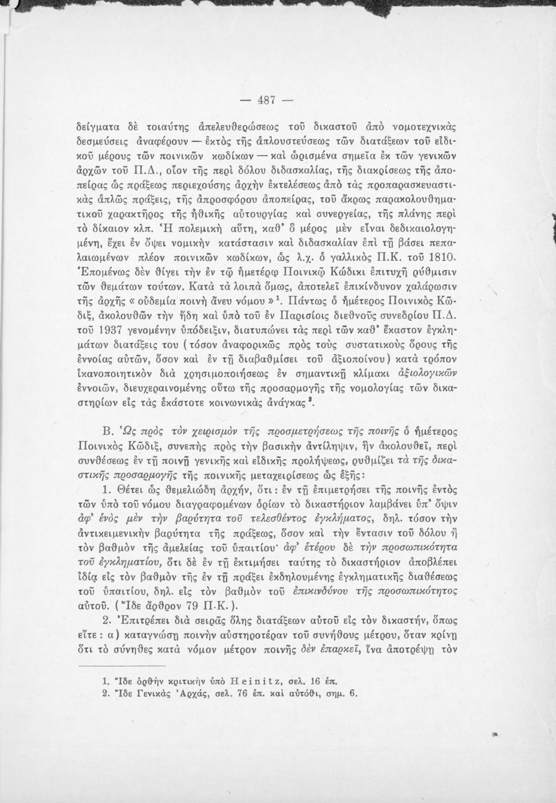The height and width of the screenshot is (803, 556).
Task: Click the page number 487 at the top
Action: (x=265, y=101)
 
